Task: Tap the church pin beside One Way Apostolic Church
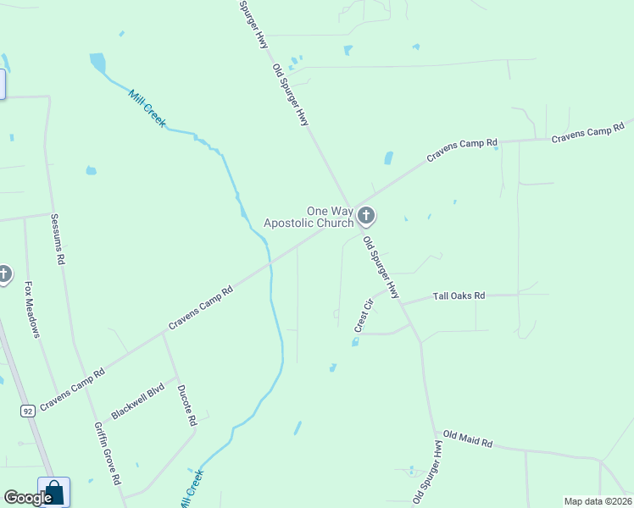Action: coord(365,216)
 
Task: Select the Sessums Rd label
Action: coord(58,240)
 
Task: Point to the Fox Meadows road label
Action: coord(32,309)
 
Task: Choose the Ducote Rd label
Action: coord(186,406)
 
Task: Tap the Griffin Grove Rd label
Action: coord(107,453)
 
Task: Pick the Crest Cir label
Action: coord(364,314)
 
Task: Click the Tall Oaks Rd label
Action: coord(459,296)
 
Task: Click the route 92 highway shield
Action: coord(27,411)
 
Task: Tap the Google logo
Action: coord(28,498)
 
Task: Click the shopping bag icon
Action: coord(54,492)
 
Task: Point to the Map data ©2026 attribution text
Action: coord(597,501)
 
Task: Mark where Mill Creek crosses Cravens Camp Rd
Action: coord(270,263)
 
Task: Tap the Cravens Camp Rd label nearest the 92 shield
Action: coord(71,388)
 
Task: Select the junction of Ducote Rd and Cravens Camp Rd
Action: coord(163,332)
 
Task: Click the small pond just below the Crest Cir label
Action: coord(354,342)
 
